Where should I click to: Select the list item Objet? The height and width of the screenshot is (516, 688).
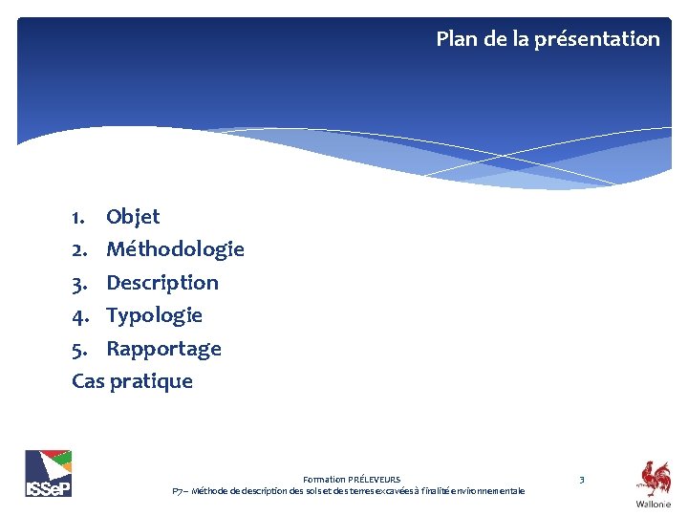pyautogui.click(x=133, y=217)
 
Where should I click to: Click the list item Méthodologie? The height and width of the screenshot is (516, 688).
pyautogui.click(x=175, y=249)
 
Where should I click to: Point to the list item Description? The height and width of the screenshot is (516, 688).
pyautogui.click(x=162, y=283)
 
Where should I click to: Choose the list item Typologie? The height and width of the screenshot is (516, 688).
pyautogui.click(x=154, y=315)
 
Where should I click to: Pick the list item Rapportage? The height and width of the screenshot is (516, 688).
pyautogui.click(x=163, y=349)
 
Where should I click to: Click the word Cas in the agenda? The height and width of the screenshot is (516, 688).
pyautogui.click(x=88, y=381)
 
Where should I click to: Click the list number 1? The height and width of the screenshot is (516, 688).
pyautogui.click(x=78, y=217)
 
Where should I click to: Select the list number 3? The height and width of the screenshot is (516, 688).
pyautogui.click(x=78, y=283)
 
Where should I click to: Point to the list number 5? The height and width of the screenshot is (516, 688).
pyautogui.click(x=78, y=349)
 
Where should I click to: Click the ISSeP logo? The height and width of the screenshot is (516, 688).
pyautogui.click(x=48, y=473)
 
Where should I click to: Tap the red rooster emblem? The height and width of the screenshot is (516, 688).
pyautogui.click(x=655, y=478)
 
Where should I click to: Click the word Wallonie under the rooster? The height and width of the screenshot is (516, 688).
pyautogui.click(x=654, y=504)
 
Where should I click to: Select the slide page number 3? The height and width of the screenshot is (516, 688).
pyautogui.click(x=582, y=478)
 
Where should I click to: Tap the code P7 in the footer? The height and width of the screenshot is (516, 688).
pyautogui.click(x=178, y=491)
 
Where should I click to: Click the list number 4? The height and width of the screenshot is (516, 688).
pyautogui.click(x=78, y=315)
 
